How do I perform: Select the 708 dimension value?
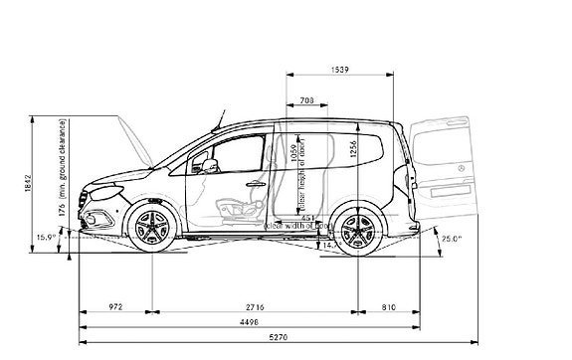pyautogui.click(x=306, y=99)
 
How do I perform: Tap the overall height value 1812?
pyautogui.click(x=29, y=183)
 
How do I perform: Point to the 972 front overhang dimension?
pyautogui.click(x=114, y=307)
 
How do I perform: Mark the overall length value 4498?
pyautogui.click(x=251, y=322)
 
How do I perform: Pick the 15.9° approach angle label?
pyautogui.click(x=45, y=238)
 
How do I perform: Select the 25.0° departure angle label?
pyautogui.click(x=453, y=239)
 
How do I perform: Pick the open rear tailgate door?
pyautogui.click(x=444, y=164)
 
